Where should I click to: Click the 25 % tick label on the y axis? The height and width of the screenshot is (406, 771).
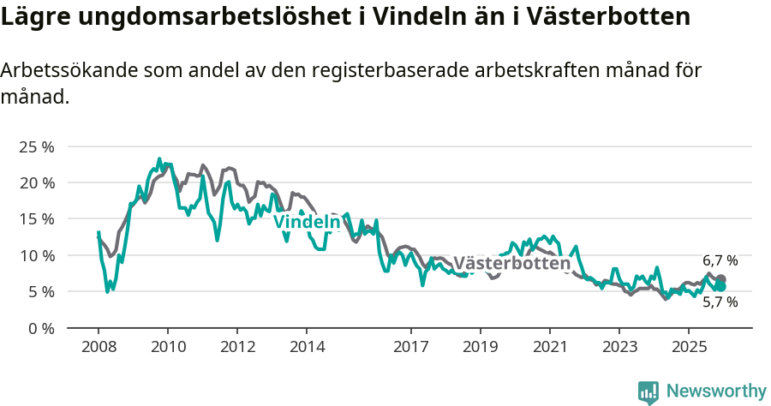point(36,146)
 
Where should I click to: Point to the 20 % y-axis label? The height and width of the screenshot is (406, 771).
point(36,182)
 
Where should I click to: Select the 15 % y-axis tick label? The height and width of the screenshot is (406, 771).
point(36,219)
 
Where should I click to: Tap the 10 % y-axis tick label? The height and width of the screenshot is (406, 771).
point(36,255)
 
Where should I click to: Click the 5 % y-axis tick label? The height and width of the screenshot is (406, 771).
point(40,291)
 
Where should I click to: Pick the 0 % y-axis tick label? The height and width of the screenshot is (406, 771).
point(40,328)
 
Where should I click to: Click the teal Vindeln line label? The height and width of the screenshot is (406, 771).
point(306,222)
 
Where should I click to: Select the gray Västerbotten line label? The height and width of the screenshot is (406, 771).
point(511,263)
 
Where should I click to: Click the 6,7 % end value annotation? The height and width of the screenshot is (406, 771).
point(720,260)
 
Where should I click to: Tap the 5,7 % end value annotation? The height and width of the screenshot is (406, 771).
point(720,302)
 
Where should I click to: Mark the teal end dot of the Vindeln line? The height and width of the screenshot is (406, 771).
point(721,286)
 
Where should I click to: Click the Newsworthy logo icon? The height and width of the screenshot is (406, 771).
point(648,392)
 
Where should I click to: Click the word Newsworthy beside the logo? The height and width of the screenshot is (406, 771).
point(716,391)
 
